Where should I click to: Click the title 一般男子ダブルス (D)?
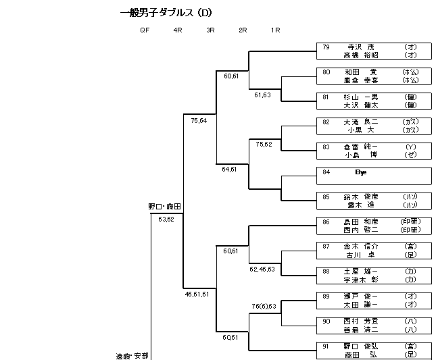click(x=166, y=13)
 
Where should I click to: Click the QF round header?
click(x=145, y=30)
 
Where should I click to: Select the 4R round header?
click(x=178, y=30)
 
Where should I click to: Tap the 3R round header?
click(x=210, y=30)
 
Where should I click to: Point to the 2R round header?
click(x=243, y=30)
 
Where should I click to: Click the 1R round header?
click(x=275, y=30)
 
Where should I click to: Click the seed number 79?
click(x=326, y=47)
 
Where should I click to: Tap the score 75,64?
click(x=199, y=121)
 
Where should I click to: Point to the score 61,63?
click(x=262, y=95)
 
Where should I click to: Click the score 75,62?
click(x=264, y=145)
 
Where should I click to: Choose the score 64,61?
click(x=230, y=169)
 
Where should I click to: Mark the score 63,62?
click(x=166, y=220)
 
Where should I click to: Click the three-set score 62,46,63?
click(x=262, y=269)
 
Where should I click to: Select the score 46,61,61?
click(x=198, y=294)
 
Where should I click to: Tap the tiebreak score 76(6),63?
click(x=263, y=307)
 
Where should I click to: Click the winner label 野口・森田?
click(x=165, y=206)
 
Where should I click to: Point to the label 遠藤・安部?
click(x=132, y=355)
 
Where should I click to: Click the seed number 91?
click(x=326, y=346)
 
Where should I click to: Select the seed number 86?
click(x=326, y=222)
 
